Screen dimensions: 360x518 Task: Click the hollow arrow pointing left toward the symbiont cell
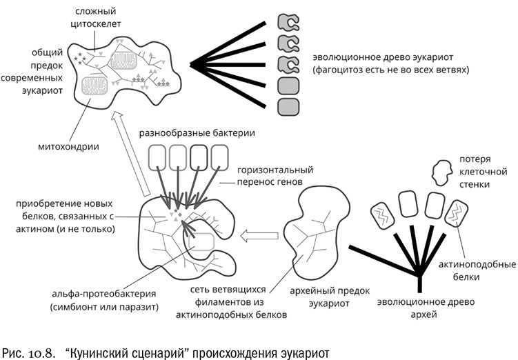coord(259,237)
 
